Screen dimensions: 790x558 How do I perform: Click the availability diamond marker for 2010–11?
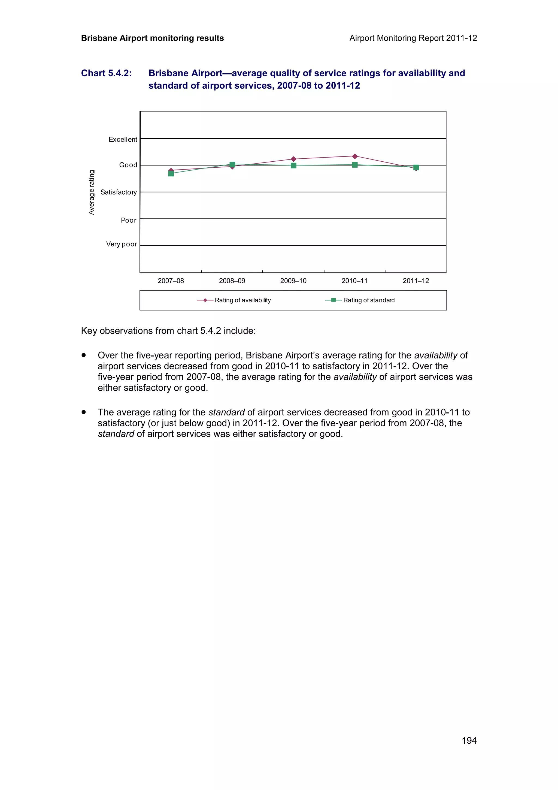(354, 156)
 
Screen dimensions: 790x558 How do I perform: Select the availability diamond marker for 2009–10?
(293, 159)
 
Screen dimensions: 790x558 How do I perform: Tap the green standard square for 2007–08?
(171, 173)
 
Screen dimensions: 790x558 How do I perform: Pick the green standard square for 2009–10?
(293, 165)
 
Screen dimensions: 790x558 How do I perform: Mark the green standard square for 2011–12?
(416, 168)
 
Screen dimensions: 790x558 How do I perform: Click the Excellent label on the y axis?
(123, 139)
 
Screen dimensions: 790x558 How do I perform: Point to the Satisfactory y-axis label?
(118, 192)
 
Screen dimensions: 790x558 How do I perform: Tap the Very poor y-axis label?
(121, 244)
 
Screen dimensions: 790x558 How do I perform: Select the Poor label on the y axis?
(129, 220)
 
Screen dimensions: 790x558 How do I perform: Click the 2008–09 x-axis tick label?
(232, 281)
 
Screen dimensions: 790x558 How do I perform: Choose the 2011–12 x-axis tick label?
(416, 281)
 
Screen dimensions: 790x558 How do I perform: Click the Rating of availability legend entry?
(242, 300)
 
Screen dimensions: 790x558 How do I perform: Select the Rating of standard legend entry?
(369, 300)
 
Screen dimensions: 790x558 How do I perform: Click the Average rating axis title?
(92, 192)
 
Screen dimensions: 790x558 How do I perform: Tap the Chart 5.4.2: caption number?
(106, 73)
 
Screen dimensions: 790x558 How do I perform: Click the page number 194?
(469, 740)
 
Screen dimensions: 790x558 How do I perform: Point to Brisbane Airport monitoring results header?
(152, 38)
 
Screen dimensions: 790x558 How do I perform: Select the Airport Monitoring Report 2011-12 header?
(413, 38)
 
